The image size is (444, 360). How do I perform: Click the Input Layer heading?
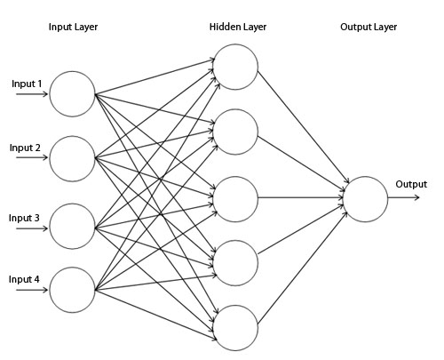click(x=73, y=28)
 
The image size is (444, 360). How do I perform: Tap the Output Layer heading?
click(x=368, y=28)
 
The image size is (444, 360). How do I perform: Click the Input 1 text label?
click(x=27, y=84)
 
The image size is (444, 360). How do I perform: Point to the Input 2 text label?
click(x=25, y=148)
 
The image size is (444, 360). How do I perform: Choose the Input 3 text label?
click(x=25, y=218)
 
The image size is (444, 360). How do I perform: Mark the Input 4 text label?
click(x=25, y=280)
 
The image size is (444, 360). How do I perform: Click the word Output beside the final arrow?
click(x=411, y=185)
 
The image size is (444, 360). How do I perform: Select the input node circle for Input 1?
click(x=72, y=94)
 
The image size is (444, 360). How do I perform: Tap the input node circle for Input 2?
click(x=72, y=159)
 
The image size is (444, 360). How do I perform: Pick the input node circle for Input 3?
click(x=72, y=225)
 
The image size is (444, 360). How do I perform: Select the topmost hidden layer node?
click(x=235, y=67)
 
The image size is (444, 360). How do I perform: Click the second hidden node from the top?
click(x=235, y=132)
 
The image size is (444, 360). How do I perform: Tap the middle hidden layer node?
click(x=235, y=198)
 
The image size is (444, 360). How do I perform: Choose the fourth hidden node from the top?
click(x=235, y=261)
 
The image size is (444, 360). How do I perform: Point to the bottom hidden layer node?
click(x=235, y=325)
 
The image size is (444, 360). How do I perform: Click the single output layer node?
click(x=365, y=198)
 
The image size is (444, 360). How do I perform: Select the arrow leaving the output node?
click(x=404, y=198)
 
